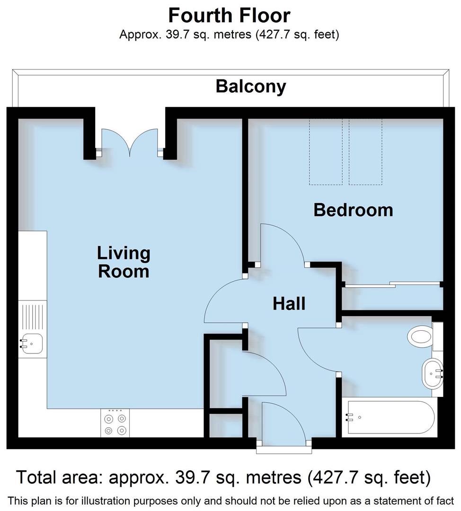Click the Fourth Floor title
tap(229, 16)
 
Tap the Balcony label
tap(251, 87)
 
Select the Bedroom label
tap(353, 210)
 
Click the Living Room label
tap(124, 262)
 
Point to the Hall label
tap(289, 303)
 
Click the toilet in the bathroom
tap(420, 337)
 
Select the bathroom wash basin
tap(432, 372)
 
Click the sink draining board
tap(33, 316)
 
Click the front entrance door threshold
tap(284, 449)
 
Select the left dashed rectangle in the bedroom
tap(326, 151)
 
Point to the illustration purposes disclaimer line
tap(230, 501)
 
